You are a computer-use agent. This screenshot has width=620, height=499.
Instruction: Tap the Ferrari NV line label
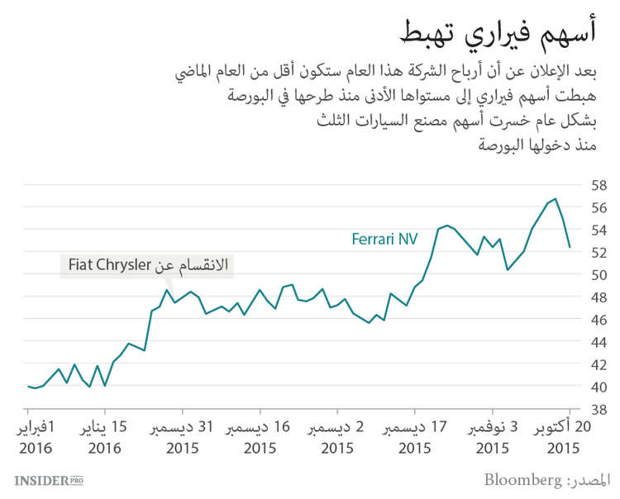pyautogui.click(x=384, y=240)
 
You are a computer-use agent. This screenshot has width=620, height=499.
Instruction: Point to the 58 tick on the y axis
pyautogui.click(x=599, y=184)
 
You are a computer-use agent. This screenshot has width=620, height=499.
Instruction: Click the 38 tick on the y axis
pyautogui.click(x=599, y=409)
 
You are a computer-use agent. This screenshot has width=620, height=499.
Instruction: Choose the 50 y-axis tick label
pyautogui.click(x=599, y=274)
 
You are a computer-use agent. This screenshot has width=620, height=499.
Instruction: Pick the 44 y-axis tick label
pyautogui.click(x=599, y=342)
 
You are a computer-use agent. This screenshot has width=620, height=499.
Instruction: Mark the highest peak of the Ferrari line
pyautogui.click(x=555, y=198)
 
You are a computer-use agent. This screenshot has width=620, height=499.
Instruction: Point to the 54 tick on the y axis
pyautogui.click(x=599, y=229)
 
